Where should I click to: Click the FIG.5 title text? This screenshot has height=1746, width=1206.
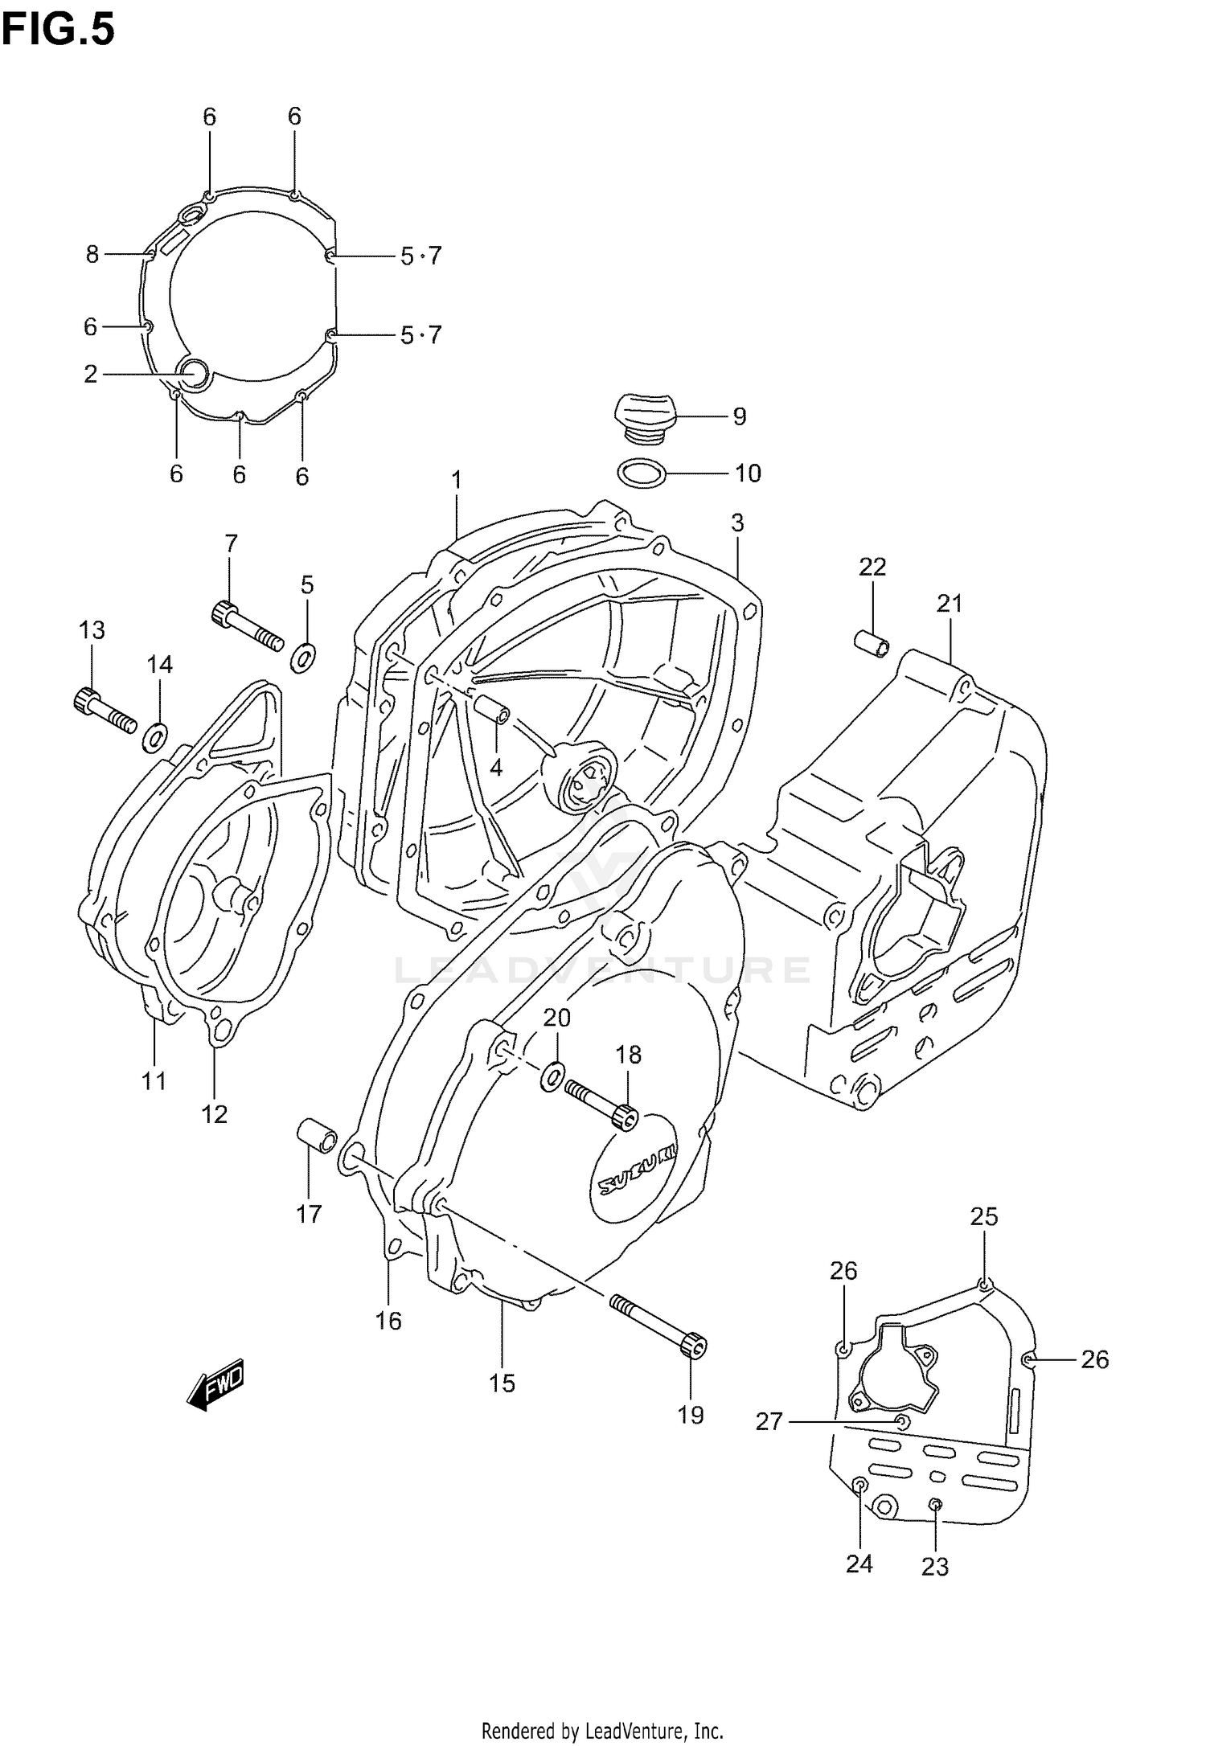click(x=58, y=31)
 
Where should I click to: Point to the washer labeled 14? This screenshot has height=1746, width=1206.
click(x=154, y=737)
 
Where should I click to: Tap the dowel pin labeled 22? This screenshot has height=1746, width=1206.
click(x=872, y=643)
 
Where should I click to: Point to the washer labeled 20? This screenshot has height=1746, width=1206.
click(x=553, y=1075)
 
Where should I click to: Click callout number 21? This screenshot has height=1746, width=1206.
click(x=949, y=603)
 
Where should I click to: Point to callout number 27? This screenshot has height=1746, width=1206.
click(x=769, y=1422)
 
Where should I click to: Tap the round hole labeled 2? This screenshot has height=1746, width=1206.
click(x=193, y=374)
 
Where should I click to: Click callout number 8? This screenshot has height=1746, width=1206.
click(x=92, y=255)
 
